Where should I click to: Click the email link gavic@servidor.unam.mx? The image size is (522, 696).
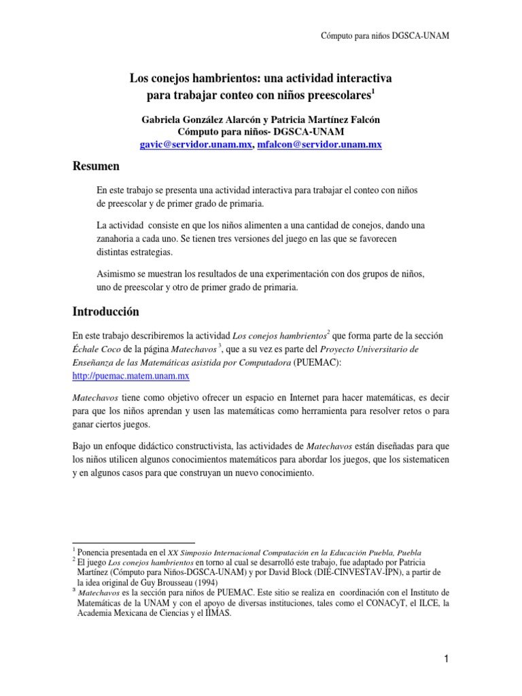(196, 145)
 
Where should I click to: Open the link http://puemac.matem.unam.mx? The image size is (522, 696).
(130, 375)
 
